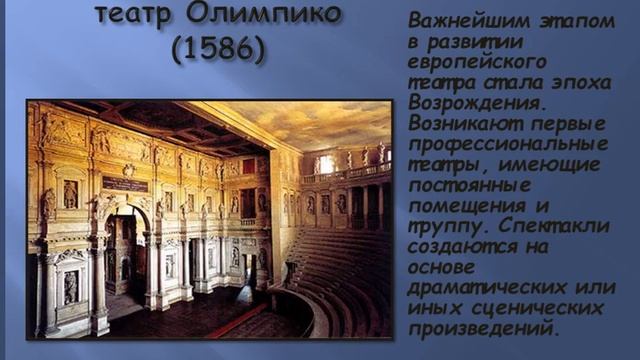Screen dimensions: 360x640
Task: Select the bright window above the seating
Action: tap(325, 163)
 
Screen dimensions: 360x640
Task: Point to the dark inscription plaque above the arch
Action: tap(125, 182)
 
